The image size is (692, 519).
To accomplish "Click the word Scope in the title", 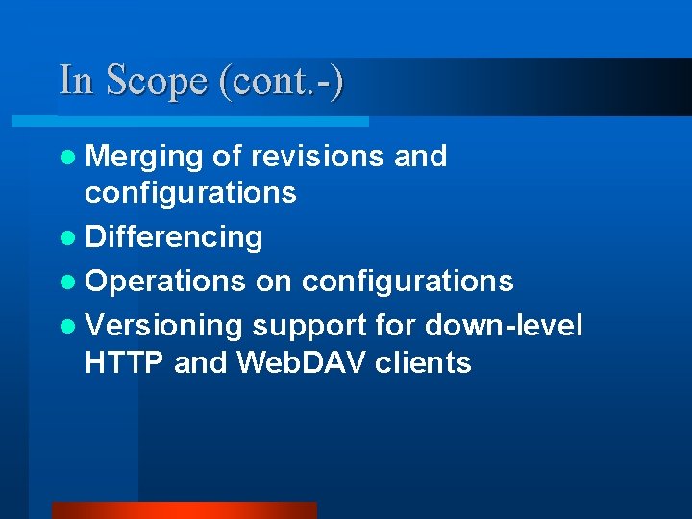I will (158, 82).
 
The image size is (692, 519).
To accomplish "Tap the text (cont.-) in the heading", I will (282, 82).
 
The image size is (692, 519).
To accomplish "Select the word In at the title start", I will (77, 81).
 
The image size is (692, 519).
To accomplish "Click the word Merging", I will (143, 157).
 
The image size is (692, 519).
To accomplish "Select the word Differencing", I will (174, 236).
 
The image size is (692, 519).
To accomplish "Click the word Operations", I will (165, 281).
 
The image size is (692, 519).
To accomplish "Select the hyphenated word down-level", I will (504, 325).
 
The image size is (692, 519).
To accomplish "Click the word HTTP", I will (125, 362).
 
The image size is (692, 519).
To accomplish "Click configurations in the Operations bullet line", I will (408, 281).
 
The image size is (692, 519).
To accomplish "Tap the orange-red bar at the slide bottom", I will (184, 510).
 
